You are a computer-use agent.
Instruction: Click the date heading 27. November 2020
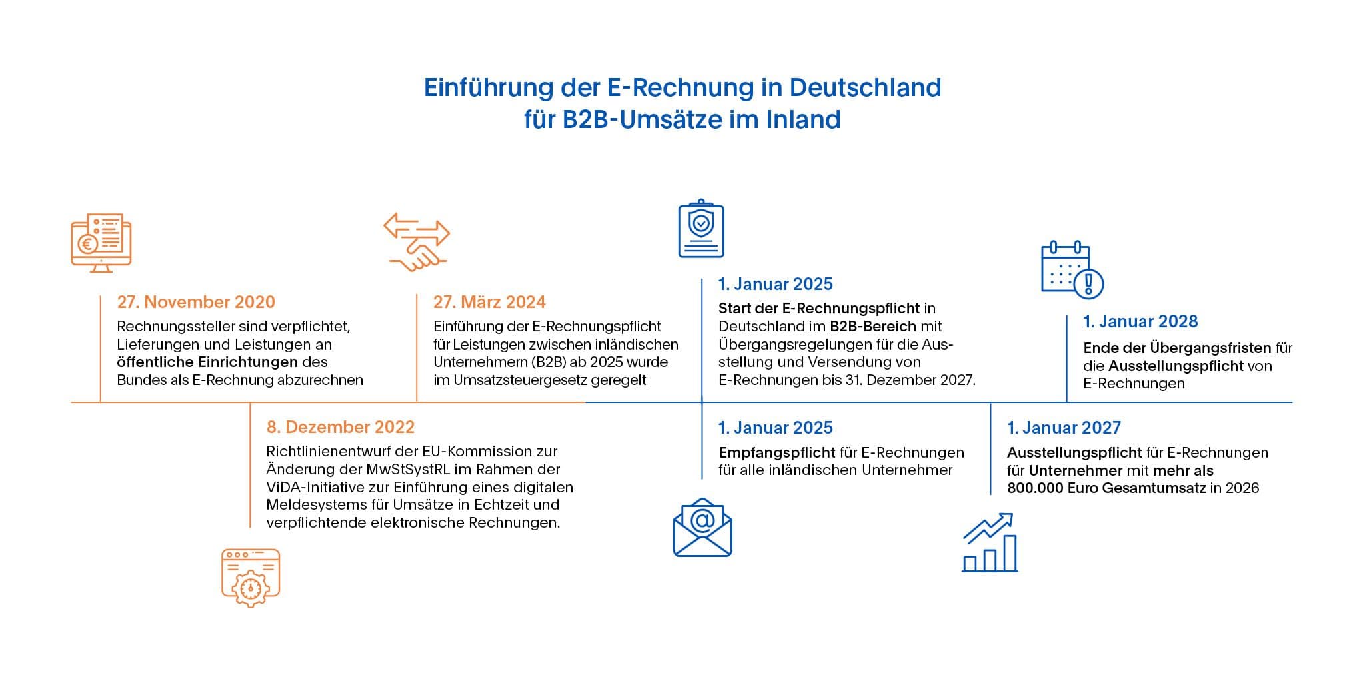coord(196,302)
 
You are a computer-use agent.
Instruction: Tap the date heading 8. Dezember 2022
coord(340,427)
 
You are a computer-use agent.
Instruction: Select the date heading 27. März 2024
coord(489,302)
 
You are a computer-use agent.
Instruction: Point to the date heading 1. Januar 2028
coord(1140,321)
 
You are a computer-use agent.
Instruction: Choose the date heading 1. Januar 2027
coord(1064,428)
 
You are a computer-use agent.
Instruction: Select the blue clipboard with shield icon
coord(701,228)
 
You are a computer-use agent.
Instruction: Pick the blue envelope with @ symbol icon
coord(702,527)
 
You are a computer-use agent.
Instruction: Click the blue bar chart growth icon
coord(990,542)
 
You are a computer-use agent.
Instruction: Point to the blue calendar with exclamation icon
coord(1072,269)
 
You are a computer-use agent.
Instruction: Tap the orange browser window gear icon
coord(251,578)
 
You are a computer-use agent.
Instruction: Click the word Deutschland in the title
coord(865,87)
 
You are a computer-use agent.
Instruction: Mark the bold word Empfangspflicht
coord(777,452)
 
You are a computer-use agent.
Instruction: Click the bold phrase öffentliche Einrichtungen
coord(207,362)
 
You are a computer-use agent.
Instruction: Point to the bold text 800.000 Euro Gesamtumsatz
coord(1106,488)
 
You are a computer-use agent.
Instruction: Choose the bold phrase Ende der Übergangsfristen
coord(1177,348)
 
